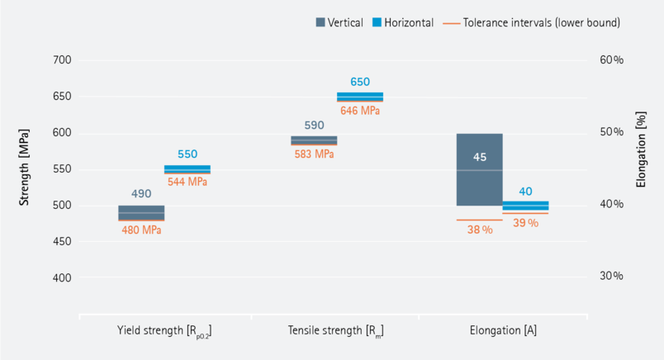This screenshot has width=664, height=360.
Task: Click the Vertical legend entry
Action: pos(339,23)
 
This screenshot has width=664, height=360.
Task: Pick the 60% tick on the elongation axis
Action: pos(611,60)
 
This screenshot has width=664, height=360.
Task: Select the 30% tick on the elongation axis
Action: pos(611,276)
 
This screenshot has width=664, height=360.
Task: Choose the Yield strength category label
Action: pos(164,331)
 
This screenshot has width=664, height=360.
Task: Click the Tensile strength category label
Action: pos(335,331)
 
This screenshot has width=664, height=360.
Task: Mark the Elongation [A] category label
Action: pos(503,331)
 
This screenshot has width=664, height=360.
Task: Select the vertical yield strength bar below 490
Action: pos(141,212)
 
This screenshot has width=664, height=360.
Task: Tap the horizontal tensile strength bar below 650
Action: pos(360,97)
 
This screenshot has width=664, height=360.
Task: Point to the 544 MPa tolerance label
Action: pos(187,182)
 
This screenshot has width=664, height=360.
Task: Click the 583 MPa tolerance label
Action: pos(313,154)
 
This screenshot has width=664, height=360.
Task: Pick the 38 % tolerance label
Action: pos(479,230)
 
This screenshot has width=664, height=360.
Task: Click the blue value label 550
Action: pos(187,154)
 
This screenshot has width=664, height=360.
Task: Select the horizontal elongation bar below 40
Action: pos(525,206)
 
